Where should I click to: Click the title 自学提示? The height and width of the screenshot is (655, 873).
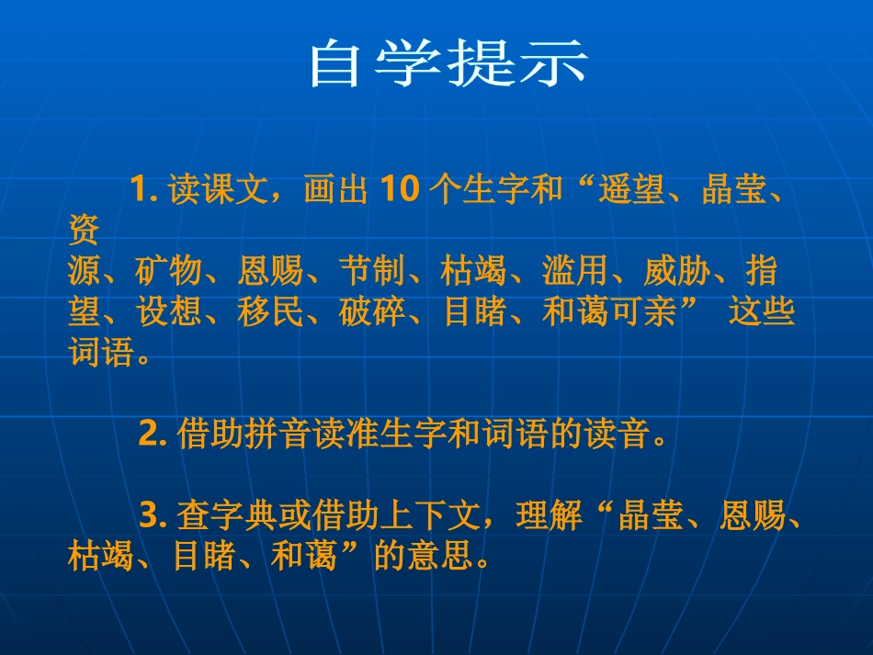(448, 62)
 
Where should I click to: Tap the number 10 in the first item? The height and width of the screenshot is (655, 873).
(400, 190)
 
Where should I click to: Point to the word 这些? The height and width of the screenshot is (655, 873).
(761, 312)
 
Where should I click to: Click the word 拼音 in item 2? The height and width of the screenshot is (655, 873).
(278, 434)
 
